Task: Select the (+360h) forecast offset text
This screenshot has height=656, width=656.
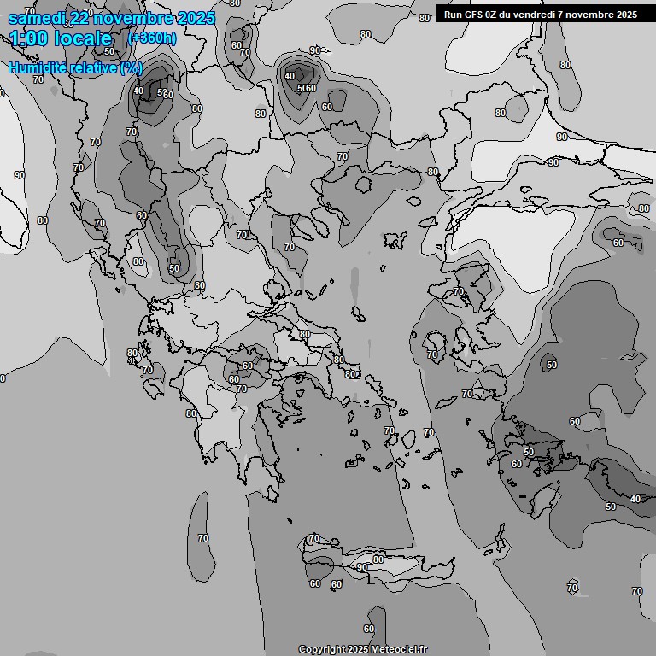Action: (153, 38)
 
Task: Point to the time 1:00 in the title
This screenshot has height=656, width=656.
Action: (28, 38)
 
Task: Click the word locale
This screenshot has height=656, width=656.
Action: (83, 38)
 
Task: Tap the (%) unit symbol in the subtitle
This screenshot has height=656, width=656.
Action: (132, 67)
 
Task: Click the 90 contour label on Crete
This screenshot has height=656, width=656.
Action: (362, 567)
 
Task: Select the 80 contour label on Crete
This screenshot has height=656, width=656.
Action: (378, 559)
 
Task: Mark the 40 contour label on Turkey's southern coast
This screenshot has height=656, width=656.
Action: (635, 499)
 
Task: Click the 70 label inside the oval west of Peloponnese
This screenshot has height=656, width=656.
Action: (203, 538)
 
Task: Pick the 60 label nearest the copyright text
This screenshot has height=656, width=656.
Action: (369, 630)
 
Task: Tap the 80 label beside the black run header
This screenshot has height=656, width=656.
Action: (425, 18)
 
